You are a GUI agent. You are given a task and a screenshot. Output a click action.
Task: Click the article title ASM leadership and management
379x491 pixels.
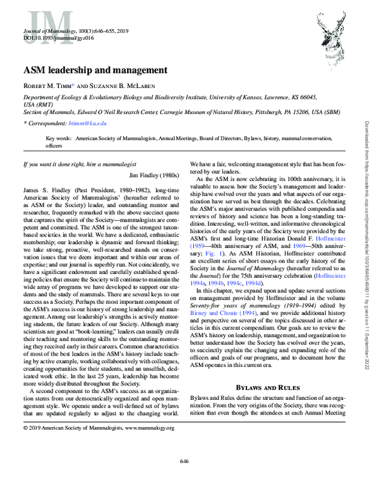point(95,70)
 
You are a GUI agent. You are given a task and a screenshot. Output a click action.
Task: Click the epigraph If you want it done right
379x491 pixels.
point(61,164)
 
